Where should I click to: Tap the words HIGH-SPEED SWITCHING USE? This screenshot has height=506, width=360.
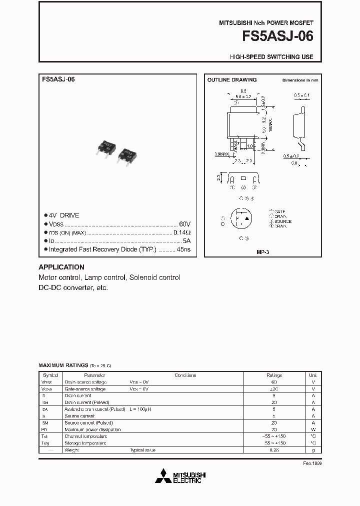point(271,57)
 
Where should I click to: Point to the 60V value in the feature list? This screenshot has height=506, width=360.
point(184,224)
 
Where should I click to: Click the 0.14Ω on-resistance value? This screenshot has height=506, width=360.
point(182,232)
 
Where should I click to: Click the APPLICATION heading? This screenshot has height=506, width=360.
point(61,267)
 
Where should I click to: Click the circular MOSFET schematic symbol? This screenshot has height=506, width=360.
point(242,220)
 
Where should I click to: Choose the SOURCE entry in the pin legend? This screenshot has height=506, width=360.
point(282,221)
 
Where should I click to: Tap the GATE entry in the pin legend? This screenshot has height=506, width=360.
point(280,212)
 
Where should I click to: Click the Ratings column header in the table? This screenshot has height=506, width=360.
point(274,375)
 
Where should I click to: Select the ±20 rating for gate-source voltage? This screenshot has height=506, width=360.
point(274,388)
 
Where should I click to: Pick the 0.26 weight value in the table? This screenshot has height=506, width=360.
point(274,450)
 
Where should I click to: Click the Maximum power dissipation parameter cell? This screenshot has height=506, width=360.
point(92,429)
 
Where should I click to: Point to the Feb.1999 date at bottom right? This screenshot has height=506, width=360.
point(312,463)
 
